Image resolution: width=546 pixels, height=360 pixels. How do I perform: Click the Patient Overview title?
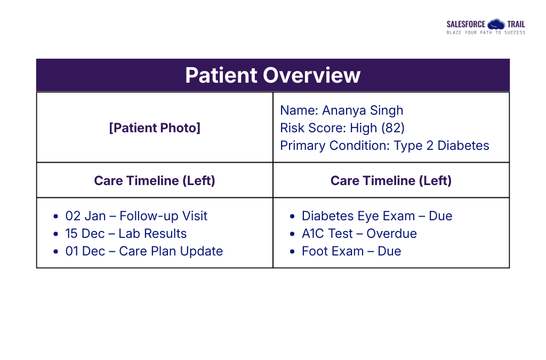tap(272, 75)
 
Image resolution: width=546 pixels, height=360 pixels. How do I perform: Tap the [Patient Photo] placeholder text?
tap(155, 128)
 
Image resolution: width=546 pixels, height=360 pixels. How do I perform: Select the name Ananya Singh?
tap(363, 110)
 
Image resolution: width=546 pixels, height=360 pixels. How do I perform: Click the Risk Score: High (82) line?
tap(342, 128)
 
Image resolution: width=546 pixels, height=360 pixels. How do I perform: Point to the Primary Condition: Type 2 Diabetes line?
tap(384, 146)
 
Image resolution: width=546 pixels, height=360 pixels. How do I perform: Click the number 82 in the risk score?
tap(396, 128)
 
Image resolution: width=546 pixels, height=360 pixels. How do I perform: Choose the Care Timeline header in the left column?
tap(155, 180)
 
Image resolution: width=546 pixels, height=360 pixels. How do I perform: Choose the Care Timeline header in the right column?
tap(391, 180)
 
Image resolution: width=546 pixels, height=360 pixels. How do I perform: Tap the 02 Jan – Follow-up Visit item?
tap(136, 216)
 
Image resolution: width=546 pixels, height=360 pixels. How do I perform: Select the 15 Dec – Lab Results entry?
tap(126, 234)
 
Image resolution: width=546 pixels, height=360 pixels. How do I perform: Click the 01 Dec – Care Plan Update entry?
tap(144, 251)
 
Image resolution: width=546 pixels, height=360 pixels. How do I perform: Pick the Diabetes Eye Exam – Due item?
tap(376, 216)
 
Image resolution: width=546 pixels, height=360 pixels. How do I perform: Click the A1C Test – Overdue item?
tap(359, 234)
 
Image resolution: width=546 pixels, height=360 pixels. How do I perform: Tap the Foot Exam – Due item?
tap(351, 251)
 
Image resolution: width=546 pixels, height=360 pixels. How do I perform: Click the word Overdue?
tap(391, 234)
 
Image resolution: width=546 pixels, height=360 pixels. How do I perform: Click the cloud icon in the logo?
tap(496, 24)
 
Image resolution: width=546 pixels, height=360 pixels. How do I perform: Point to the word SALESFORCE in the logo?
tap(465, 25)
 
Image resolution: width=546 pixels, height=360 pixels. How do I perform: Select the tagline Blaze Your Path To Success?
tap(485, 33)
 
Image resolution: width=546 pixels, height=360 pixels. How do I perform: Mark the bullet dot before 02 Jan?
tap(56, 217)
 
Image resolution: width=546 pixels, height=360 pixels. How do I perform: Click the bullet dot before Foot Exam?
tap(292, 252)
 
